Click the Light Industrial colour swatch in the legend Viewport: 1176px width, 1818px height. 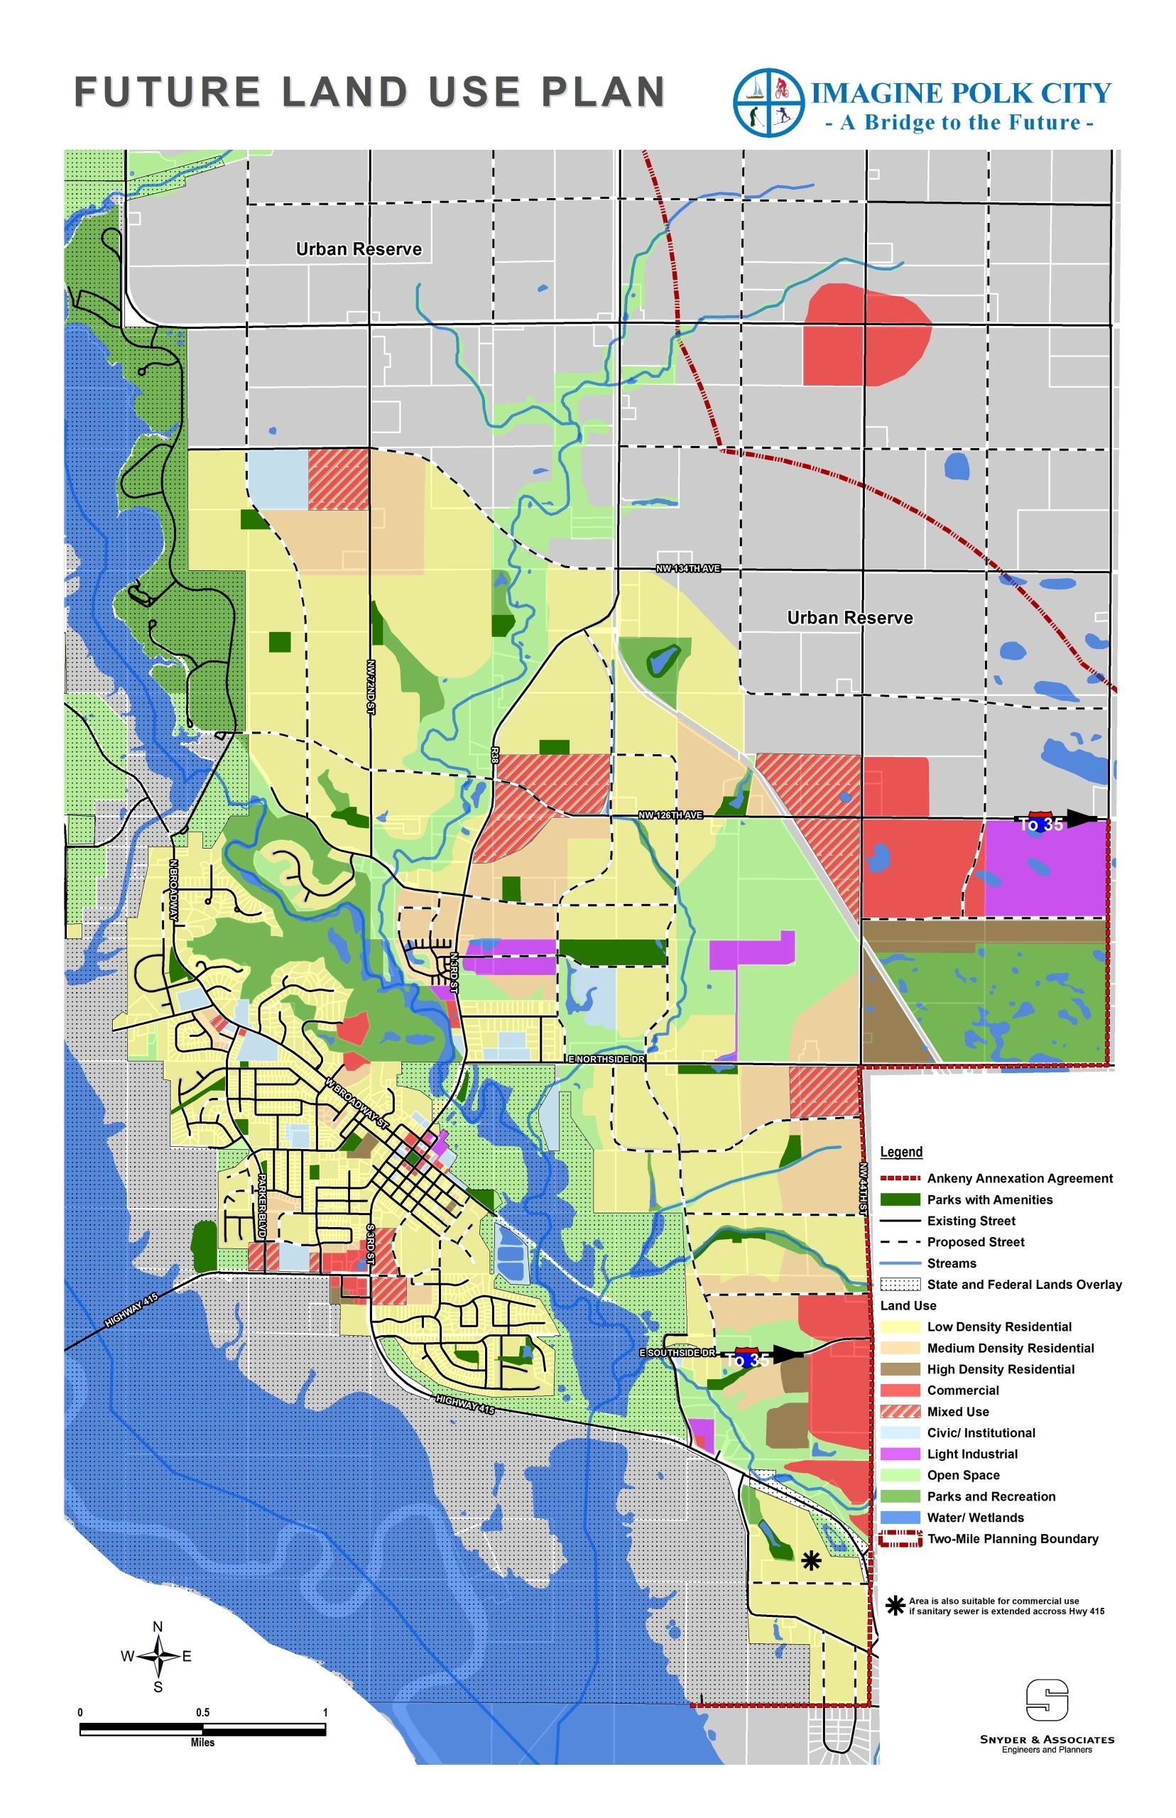coord(900,1454)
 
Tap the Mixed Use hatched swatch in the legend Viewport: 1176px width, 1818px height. coord(900,1411)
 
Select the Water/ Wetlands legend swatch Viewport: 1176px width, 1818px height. coord(900,1517)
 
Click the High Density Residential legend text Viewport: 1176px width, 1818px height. coord(1001,1369)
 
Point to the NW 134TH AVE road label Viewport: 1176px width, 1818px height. coord(688,569)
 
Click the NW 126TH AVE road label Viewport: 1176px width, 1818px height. coord(670,815)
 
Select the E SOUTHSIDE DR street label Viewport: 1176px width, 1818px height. coord(677,1352)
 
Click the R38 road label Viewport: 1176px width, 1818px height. coord(495,755)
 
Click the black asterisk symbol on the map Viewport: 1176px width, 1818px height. coord(811,1561)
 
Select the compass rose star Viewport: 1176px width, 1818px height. coord(158,1656)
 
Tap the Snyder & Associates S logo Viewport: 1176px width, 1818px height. coord(1046,1699)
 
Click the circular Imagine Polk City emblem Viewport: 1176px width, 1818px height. coord(768,102)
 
